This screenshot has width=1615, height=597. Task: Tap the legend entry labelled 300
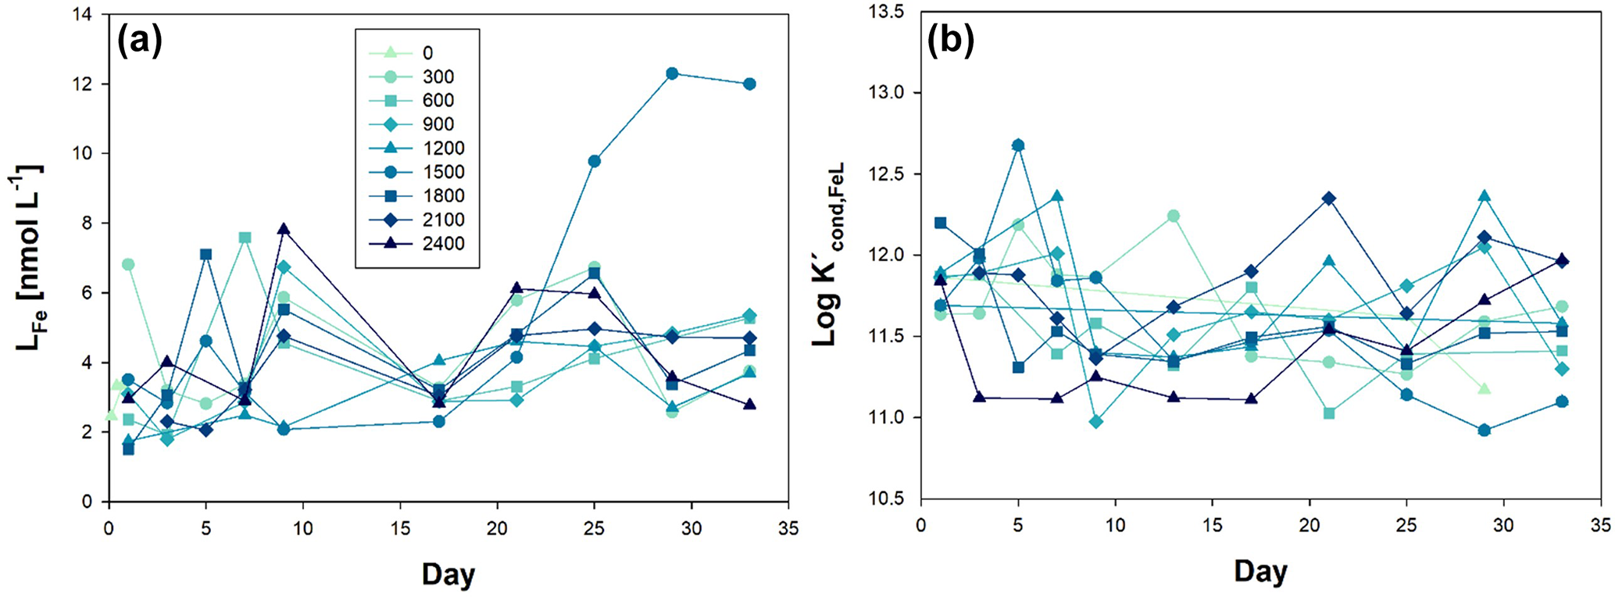[438, 77]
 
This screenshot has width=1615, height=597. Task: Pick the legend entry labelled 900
[438, 124]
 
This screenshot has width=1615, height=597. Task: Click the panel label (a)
[140, 41]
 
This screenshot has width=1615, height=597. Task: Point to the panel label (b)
[950, 41]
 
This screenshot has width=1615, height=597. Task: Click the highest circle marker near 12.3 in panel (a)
[671, 73]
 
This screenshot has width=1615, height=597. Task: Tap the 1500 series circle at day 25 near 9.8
[594, 161]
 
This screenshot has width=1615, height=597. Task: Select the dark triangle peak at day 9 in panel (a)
[284, 229]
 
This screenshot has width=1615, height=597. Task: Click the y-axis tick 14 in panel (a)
[87, 15]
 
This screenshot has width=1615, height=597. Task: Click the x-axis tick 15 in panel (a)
[400, 529]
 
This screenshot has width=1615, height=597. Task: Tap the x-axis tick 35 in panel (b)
[1600, 525]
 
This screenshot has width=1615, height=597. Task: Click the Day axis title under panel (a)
[448, 574]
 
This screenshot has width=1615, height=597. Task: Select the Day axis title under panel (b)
[1260, 571]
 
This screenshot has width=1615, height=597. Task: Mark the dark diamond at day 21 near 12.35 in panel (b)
[1329, 198]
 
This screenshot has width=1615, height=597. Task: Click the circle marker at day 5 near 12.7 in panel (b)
[1018, 145]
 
